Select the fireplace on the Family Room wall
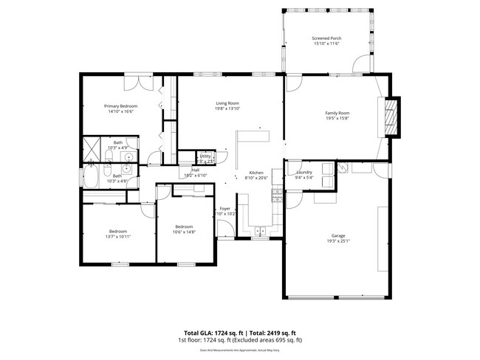[391, 118]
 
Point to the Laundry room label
[304, 173]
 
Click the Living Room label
[227, 103]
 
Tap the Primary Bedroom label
[120, 106]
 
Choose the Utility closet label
[205, 156]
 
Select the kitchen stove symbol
[276, 195]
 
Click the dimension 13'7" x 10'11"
[119, 237]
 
